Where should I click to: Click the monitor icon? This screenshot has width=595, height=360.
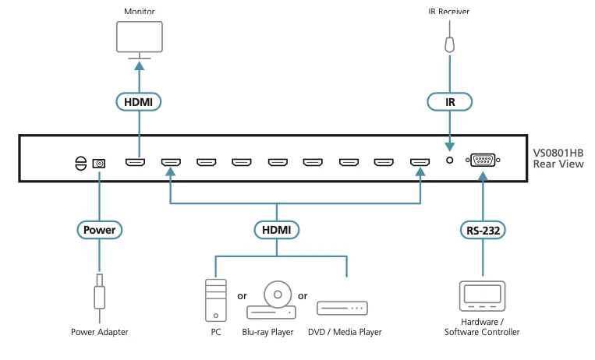(x=140, y=40)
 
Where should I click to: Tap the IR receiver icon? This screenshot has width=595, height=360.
(x=450, y=44)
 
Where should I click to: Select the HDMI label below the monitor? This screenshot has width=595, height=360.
(x=139, y=102)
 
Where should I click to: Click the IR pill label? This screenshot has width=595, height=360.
(x=450, y=102)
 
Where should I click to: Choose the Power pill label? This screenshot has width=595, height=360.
(x=99, y=230)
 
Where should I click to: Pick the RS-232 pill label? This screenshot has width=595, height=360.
(x=483, y=231)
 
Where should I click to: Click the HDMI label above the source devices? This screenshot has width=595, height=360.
(x=277, y=230)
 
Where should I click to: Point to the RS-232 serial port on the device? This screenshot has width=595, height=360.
(x=483, y=160)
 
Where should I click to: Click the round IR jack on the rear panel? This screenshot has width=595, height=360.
(x=450, y=161)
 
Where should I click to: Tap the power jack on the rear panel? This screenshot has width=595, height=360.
(x=99, y=164)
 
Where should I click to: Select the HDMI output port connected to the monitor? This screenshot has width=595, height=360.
(x=135, y=162)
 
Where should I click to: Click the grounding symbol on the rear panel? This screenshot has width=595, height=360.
(x=80, y=164)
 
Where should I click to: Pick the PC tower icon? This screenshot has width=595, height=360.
(x=215, y=301)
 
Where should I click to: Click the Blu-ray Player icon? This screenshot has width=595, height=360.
(x=271, y=300)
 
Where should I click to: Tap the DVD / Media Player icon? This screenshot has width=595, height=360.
(x=342, y=308)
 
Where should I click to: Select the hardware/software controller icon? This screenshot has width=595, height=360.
(x=482, y=296)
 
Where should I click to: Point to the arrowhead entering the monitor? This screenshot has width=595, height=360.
(x=140, y=65)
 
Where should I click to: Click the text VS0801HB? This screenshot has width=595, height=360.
(x=558, y=153)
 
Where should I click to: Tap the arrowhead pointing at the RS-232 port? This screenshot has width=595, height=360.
(x=483, y=176)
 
